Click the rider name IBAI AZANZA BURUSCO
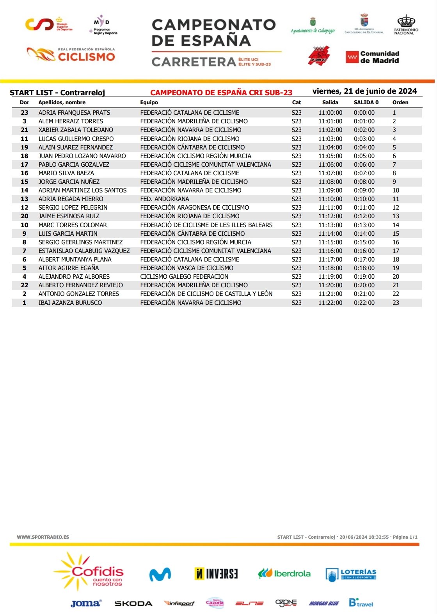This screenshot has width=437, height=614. (70, 303)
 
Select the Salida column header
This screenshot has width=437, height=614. (330, 103)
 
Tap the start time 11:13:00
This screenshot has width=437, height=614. (330, 225)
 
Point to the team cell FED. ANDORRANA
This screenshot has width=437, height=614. (165, 199)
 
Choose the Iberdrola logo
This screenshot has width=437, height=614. (284, 573)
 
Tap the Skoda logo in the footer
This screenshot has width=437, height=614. (133, 603)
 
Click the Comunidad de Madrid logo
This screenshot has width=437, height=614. (373, 57)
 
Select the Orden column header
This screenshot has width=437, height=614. (400, 103)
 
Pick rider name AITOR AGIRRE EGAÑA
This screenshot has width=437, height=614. (69, 268)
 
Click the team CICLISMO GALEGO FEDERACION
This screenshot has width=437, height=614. (184, 277)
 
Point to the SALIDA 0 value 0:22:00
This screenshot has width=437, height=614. (364, 303)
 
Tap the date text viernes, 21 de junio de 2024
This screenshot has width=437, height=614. (364, 91)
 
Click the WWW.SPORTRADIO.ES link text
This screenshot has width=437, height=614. (43, 537)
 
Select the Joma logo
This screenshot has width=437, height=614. (86, 603)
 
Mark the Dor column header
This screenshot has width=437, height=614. (25, 103)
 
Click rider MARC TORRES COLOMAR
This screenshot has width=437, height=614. (73, 225)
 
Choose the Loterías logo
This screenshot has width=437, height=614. (351, 574)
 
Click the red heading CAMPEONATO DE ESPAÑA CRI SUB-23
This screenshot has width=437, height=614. (221, 93)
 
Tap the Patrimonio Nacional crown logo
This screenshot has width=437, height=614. (406, 25)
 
